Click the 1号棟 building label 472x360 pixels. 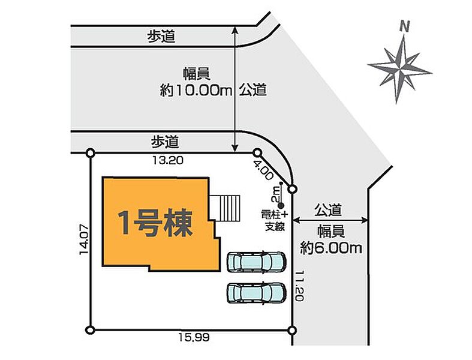click(155, 223)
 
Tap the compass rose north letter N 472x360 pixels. click(405, 26)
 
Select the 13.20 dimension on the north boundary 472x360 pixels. click(168, 161)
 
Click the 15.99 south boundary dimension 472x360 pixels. click(193, 339)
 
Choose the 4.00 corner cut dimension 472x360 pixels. click(263, 173)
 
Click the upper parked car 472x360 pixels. click(255, 262)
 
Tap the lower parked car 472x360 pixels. click(255, 292)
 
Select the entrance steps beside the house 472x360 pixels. click(229, 208)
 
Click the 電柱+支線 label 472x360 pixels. click(274, 220)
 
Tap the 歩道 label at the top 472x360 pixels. click(162, 37)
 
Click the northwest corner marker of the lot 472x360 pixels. click(91, 153)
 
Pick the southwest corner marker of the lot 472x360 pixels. click(91, 329)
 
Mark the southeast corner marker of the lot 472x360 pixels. click(292, 330)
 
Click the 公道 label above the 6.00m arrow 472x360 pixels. click(329, 210)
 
